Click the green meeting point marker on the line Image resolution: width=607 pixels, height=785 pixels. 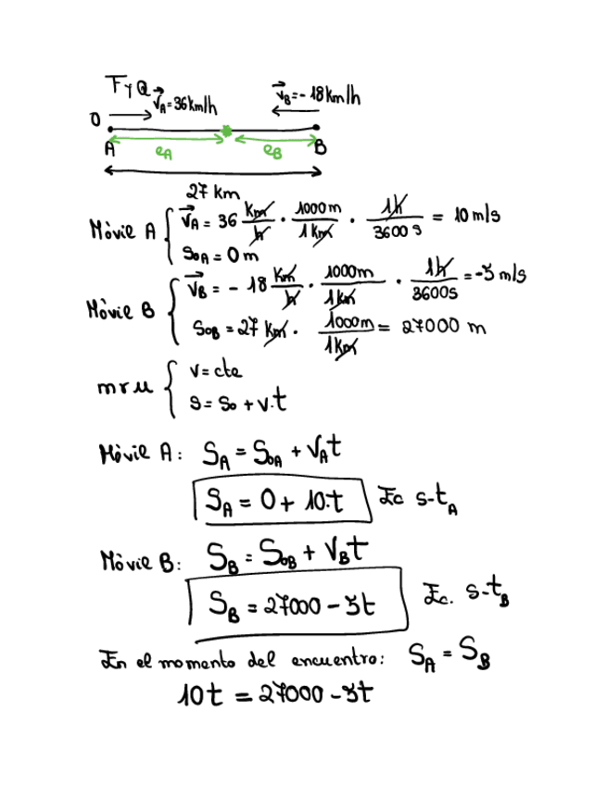[x=226, y=134]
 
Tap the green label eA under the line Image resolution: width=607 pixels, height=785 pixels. [x=164, y=154]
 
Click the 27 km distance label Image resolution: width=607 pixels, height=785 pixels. [x=213, y=193]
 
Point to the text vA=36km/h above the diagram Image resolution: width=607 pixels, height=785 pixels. [x=185, y=103]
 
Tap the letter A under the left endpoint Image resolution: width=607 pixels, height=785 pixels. [x=109, y=146]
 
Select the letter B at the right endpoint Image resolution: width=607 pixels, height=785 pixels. [x=320, y=146]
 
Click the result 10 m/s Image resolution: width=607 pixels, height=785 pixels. [x=477, y=217]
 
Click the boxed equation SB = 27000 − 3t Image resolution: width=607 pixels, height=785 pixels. [x=293, y=604]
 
